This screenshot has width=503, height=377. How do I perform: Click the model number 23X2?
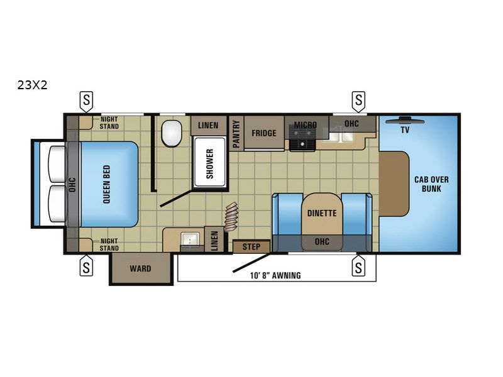click(x=33, y=85)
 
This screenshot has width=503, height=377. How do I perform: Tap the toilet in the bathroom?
click(x=172, y=133)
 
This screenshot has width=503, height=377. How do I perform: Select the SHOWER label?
click(x=210, y=164)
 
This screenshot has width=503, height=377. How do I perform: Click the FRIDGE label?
click(x=263, y=133)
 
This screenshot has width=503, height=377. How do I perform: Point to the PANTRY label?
click(x=236, y=134)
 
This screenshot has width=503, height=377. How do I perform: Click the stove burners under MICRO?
click(x=302, y=138)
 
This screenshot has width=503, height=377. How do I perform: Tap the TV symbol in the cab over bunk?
click(x=405, y=121)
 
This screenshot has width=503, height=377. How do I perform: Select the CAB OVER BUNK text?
click(x=431, y=184)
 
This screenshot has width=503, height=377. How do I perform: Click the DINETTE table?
click(x=322, y=214)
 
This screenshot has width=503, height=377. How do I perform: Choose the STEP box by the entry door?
click(x=251, y=246)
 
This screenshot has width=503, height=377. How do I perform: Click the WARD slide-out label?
click(x=140, y=268)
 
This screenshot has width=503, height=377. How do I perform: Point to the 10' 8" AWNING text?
click(x=275, y=275)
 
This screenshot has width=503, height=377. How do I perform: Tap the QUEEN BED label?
click(x=106, y=184)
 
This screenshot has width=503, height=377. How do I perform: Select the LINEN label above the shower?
click(x=208, y=125)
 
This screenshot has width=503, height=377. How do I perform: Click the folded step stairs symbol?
click(x=231, y=217)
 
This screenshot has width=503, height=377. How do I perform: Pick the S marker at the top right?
click(x=358, y=101)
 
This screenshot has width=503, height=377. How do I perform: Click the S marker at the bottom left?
click(x=86, y=266)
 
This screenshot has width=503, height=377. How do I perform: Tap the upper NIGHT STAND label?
click(x=109, y=123)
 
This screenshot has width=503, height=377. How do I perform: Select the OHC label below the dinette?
click(x=322, y=241)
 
